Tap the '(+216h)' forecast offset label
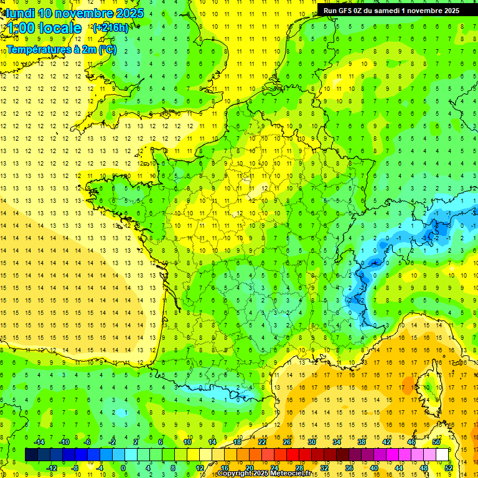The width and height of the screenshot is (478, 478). click(x=110, y=27)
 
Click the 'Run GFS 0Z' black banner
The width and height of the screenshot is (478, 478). click(x=391, y=10)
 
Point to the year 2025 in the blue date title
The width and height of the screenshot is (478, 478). click(x=129, y=12)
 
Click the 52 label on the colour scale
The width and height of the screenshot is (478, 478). click(x=449, y=467)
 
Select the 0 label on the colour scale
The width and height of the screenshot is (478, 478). click(x=123, y=467)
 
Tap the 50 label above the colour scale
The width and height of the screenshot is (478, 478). click(x=436, y=442)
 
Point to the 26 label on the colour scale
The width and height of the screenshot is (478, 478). click(x=287, y=442)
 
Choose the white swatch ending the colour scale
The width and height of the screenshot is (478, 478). click(x=443, y=454)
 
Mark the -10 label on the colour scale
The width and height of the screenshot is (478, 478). click(x=63, y=442)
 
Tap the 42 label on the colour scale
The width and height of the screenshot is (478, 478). click(x=387, y=442)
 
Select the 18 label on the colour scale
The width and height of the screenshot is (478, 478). click(x=237, y=442)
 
